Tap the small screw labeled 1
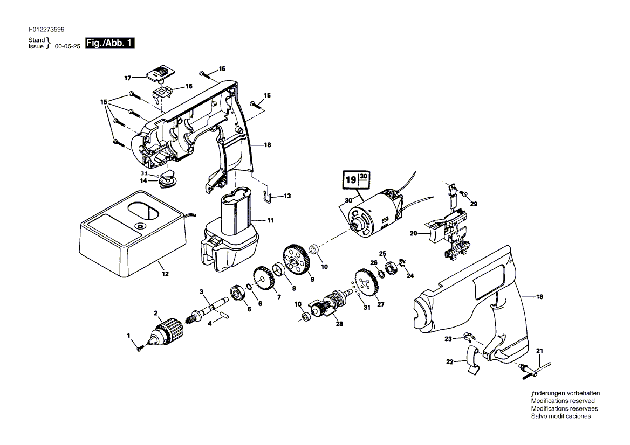[140, 349]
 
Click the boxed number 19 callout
[357, 179]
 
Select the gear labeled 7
[264, 280]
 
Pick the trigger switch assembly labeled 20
[448, 232]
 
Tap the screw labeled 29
[464, 194]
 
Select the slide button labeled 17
[160, 74]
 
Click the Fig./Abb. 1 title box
[110, 43]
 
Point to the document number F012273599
[46, 29]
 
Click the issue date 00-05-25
[67, 46]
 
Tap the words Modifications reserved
[563, 401]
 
